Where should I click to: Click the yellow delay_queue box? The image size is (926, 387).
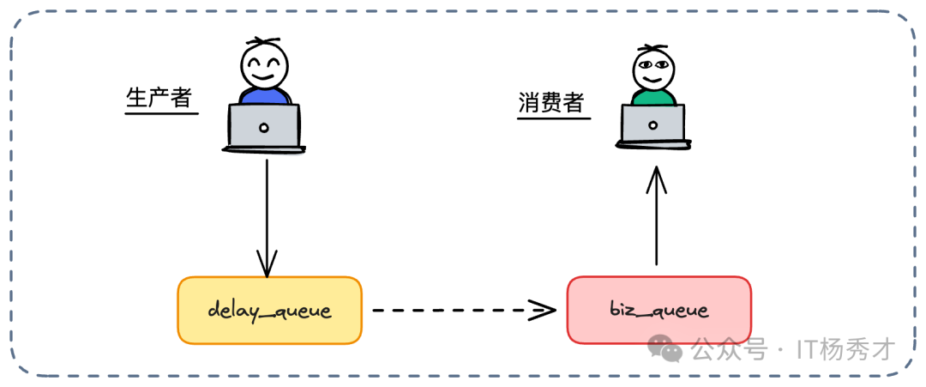click(269, 311)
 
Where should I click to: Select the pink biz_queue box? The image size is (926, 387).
click(658, 310)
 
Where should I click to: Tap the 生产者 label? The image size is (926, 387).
click(159, 98)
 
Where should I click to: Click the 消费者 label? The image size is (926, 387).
click(551, 104)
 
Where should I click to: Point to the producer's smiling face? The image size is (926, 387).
click(264, 64)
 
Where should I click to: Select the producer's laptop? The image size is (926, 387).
click(264, 127)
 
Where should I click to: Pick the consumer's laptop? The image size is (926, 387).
click(653, 127)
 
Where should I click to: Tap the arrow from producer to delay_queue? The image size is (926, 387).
click(267, 215)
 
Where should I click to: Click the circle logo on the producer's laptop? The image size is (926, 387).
click(264, 128)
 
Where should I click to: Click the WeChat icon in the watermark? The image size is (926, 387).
click(665, 348)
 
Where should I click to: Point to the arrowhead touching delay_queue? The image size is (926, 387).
click(267, 265)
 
